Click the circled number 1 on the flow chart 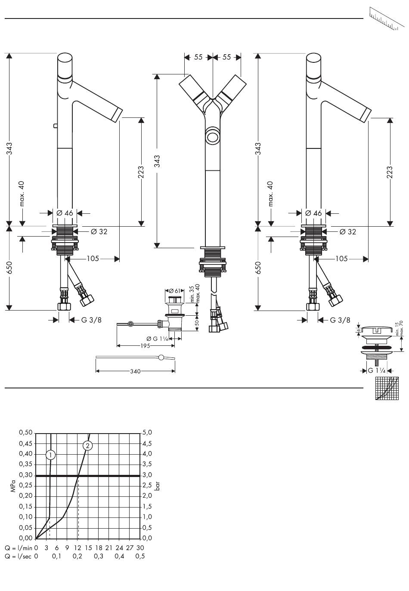pyautogui.click(x=50, y=455)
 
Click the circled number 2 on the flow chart pyautogui.click(x=88, y=446)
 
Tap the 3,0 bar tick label pyautogui.click(x=147, y=475)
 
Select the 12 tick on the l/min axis pyautogui.click(x=77, y=548)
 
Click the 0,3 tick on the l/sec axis pyautogui.click(x=98, y=557)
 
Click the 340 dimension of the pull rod pyautogui.click(x=135, y=372)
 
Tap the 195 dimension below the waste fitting pyautogui.click(x=145, y=346)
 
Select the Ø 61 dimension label pyautogui.click(x=174, y=291)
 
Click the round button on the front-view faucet pyautogui.click(x=213, y=138)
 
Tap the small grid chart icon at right pyautogui.click(x=387, y=388)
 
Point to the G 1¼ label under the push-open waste pyautogui.click(x=377, y=370)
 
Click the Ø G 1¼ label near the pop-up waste pyautogui.click(x=157, y=339)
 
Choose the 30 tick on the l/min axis pyautogui.click(x=140, y=548)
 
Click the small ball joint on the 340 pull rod pyautogui.click(x=161, y=357)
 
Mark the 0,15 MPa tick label pyautogui.click(x=25, y=506)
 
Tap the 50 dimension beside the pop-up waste pyautogui.click(x=196, y=323)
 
